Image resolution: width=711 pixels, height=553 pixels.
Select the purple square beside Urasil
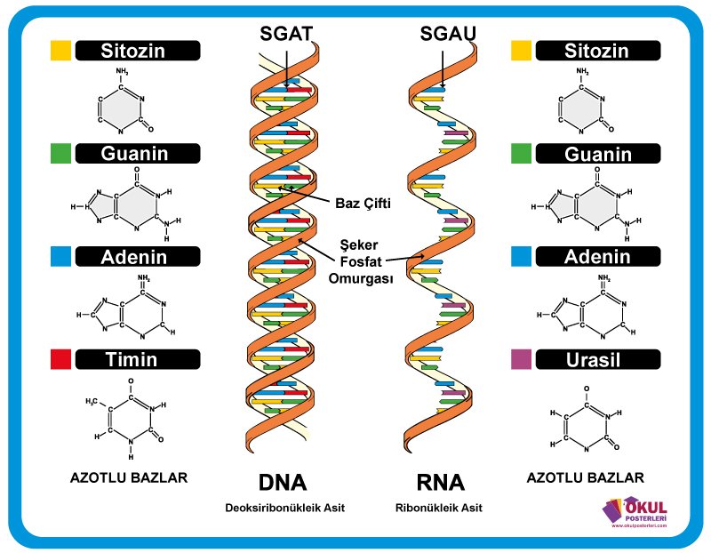tap(522, 359)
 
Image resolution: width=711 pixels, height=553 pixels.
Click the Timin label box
tap(132, 359)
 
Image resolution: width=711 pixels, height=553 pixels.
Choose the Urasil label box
tap(597, 359)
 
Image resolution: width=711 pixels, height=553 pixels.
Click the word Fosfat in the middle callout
tap(365, 262)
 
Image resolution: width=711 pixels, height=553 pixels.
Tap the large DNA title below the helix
tap(283, 484)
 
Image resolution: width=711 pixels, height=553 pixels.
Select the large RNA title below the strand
tap(440, 484)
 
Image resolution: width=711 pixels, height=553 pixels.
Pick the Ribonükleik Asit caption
tap(439, 508)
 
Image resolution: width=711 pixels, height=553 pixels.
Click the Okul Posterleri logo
tap(637, 514)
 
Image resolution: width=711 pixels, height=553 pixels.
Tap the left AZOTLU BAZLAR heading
tap(129, 477)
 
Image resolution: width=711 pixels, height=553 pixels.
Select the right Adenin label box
tap(597, 257)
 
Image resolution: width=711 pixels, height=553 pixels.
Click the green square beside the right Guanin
tap(522, 154)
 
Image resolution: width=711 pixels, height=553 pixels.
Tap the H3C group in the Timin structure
tap(91, 402)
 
